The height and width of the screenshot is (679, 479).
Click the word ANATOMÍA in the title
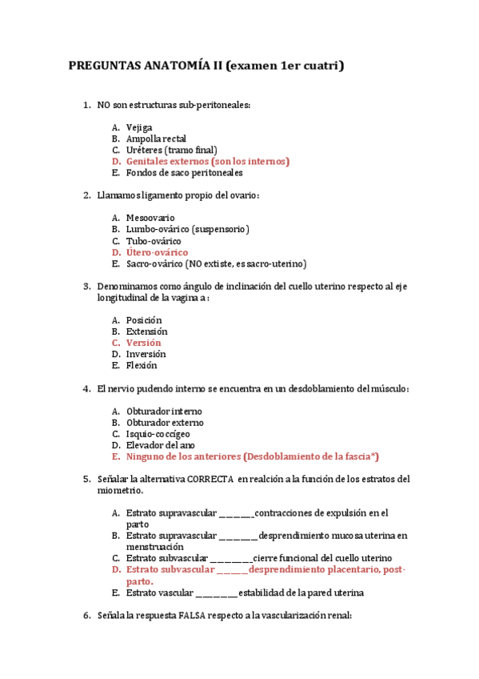pyautogui.click(x=166, y=66)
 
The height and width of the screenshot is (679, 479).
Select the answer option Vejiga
pyautogui.click(x=139, y=127)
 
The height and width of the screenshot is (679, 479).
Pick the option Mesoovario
pyautogui.click(x=150, y=218)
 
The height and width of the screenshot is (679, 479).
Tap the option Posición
pyautogui.click(x=144, y=320)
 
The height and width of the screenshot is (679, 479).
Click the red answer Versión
pyautogui.click(x=144, y=343)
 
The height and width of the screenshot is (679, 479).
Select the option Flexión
pyautogui.click(x=142, y=365)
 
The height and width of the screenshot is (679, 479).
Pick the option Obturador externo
pyautogui.click(x=165, y=422)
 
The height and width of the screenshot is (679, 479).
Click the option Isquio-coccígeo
pyautogui.click(x=158, y=433)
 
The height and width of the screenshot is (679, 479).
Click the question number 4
pyautogui.click(x=86, y=388)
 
